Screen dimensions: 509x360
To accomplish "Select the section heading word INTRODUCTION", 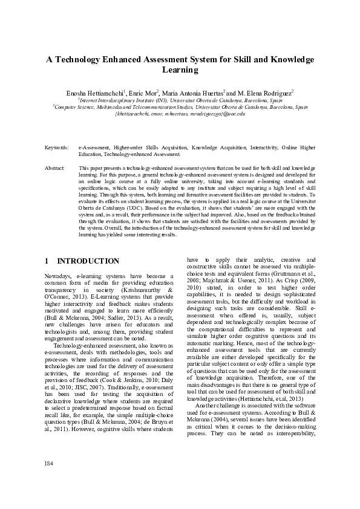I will coord(88,261).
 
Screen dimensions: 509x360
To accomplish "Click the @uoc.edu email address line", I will coord(180,113).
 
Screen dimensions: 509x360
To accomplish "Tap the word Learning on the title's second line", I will coord(180,70).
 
